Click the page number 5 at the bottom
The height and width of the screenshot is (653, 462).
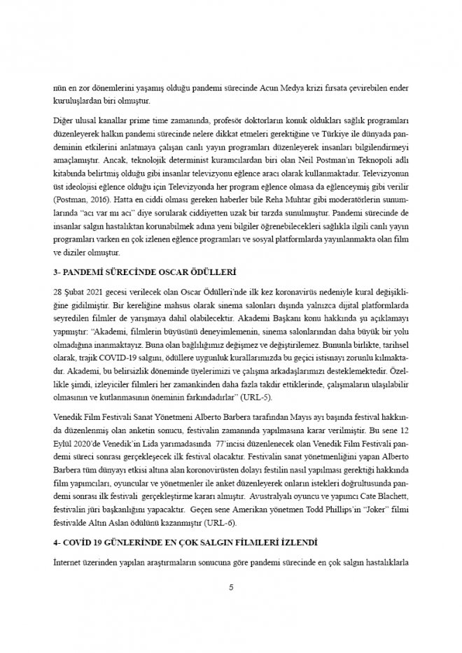pos(231,587)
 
